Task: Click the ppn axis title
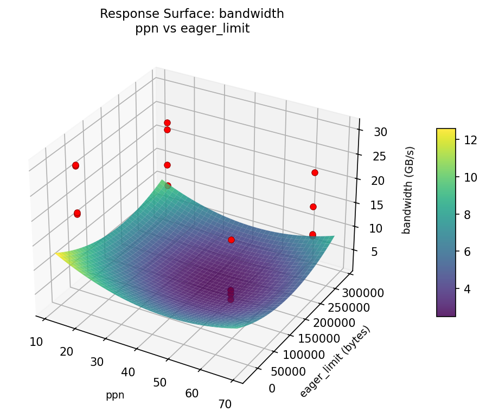tap(115, 395)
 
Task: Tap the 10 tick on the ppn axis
tap(37, 342)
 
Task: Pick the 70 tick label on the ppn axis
tap(224, 404)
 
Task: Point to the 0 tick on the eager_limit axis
tap(271, 388)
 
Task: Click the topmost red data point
tap(167, 123)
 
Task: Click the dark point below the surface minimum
tap(231, 299)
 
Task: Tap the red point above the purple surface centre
tap(231, 240)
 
